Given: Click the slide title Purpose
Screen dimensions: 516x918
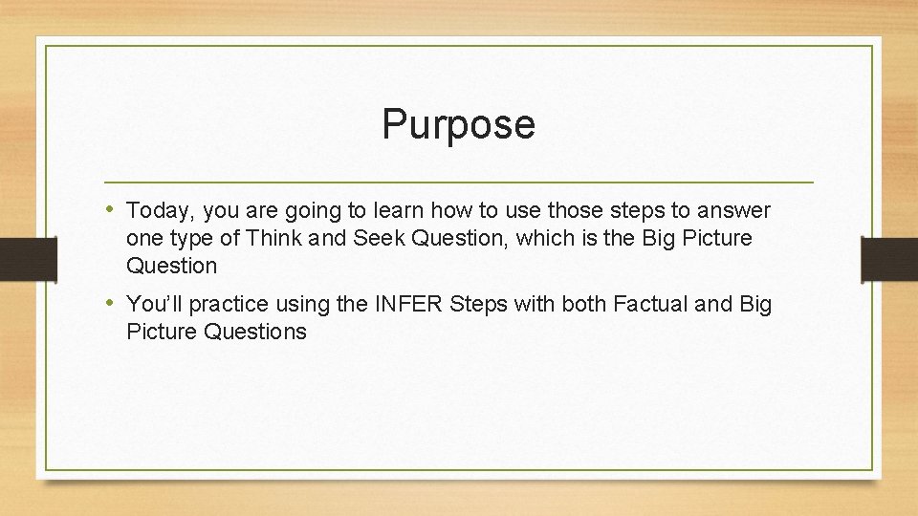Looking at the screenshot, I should pyautogui.click(x=458, y=124).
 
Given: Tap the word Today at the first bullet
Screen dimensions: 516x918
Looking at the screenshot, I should pyautogui.click(x=155, y=210).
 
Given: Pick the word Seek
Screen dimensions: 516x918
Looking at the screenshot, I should pyautogui.click(x=380, y=237).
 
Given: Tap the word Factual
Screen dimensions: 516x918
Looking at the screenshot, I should pyautogui.click(x=647, y=305).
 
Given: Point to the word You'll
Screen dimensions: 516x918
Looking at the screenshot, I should pyautogui.click(x=151, y=305).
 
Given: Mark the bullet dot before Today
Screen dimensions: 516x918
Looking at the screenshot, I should pyautogui.click(x=112, y=209).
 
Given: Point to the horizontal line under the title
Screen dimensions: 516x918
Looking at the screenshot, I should pyautogui.click(x=459, y=182).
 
